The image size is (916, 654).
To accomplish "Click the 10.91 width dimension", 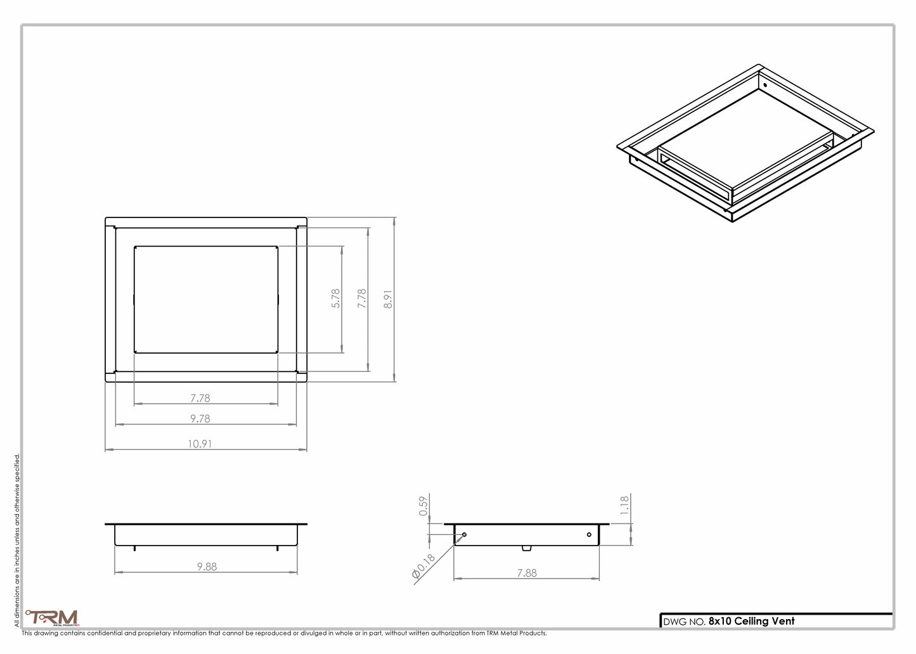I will pos(200,444).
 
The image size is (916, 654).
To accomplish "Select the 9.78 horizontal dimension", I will pos(200,418).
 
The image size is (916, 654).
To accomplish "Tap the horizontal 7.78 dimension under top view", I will pos(200,398).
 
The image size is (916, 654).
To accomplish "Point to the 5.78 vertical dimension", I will pos(336,298).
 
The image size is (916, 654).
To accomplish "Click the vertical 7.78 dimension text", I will pos(362,298).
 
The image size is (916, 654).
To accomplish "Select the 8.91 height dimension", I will pos(388,299).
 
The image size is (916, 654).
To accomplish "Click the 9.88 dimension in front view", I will pos(207,567).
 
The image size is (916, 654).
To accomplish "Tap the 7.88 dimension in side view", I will pos(527,572).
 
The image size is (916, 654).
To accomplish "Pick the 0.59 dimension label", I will pos(424,506).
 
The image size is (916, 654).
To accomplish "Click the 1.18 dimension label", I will pos(624,505).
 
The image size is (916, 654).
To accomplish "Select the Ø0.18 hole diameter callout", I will pos(423,567).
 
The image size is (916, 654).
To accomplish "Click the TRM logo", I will pos(53,617).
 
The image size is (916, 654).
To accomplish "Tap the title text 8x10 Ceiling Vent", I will pos(751,621).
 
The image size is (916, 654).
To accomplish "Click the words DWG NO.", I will pos(683,622).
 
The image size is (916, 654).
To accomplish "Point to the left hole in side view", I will pos(465,535).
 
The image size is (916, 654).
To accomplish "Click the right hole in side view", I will pos(589,535).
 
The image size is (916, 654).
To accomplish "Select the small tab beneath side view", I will pos(527,548).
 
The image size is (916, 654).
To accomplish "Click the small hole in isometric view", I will pos(765,85).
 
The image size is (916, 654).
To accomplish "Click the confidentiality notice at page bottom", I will pos(284,633).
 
